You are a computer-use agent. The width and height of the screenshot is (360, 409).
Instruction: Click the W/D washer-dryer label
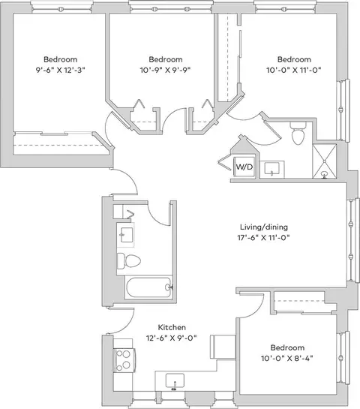point(244,167)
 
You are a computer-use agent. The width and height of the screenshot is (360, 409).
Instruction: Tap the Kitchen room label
point(172,327)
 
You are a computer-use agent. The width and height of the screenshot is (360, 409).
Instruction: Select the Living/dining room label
point(264,227)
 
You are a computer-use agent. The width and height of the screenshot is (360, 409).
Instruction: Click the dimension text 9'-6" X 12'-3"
point(61,70)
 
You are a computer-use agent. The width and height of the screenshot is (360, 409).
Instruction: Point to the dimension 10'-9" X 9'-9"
point(166,70)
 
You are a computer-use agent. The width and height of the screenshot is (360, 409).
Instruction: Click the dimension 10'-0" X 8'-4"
point(287,358)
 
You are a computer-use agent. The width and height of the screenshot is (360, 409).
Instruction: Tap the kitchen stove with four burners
point(124,360)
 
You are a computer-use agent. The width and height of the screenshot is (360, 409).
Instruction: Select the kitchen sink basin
point(175,380)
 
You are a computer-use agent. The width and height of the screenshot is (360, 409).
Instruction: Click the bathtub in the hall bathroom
point(148,287)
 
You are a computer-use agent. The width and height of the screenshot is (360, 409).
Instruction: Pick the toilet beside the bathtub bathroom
point(129,261)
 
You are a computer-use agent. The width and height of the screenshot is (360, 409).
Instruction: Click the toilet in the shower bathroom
point(298,133)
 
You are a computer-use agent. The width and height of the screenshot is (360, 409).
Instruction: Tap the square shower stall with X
point(325,161)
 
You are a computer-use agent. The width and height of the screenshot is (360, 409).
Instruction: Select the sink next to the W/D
point(272,170)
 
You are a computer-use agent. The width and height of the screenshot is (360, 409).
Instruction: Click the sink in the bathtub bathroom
point(126,235)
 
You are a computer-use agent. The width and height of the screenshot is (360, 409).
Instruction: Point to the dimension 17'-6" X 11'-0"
point(264,238)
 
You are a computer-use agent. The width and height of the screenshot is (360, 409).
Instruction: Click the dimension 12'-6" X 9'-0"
point(171,338)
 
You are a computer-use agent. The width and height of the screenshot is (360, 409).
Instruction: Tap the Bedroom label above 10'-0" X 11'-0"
point(294,59)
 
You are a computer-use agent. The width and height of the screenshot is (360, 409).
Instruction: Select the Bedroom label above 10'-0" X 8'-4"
point(287,347)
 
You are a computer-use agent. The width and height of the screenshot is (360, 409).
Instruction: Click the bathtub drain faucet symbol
point(169,287)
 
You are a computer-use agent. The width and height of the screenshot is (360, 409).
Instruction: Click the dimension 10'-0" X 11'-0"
point(294,70)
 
